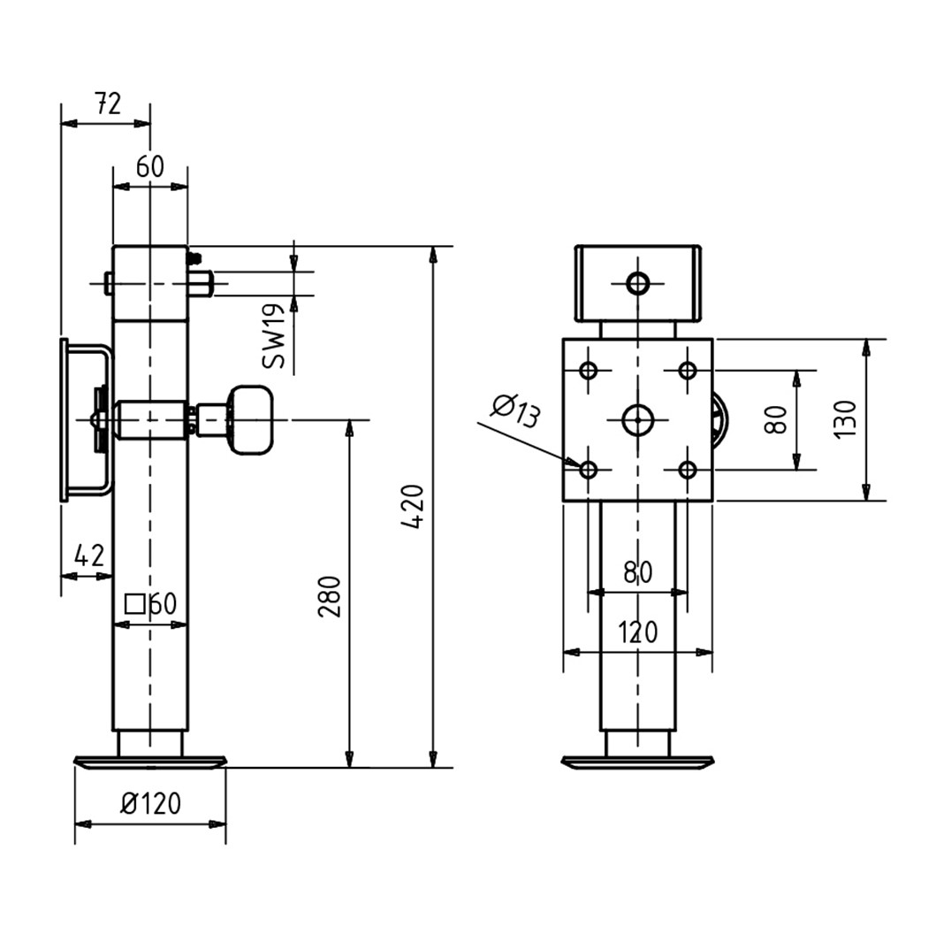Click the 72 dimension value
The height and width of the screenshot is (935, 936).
(106, 104)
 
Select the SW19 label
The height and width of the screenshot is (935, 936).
(273, 336)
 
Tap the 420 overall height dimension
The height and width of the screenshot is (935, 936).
(414, 507)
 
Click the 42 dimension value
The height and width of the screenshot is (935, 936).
(89, 556)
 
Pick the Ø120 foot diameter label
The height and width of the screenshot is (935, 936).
(150, 803)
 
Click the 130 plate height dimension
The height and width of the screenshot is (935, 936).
(845, 419)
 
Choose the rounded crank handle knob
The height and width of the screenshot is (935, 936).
(251, 419)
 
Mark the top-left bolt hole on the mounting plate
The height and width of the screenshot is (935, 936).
(589, 370)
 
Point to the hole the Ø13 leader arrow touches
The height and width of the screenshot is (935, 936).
(589, 469)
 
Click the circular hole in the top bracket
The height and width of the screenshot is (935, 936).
(638, 284)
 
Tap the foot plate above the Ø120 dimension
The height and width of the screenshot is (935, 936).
(150, 762)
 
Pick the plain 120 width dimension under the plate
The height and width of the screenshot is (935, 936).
(638, 632)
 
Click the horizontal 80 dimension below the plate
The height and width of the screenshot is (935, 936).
(638, 572)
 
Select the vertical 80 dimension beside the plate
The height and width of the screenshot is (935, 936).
(775, 419)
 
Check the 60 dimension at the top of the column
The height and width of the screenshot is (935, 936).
(150, 167)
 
